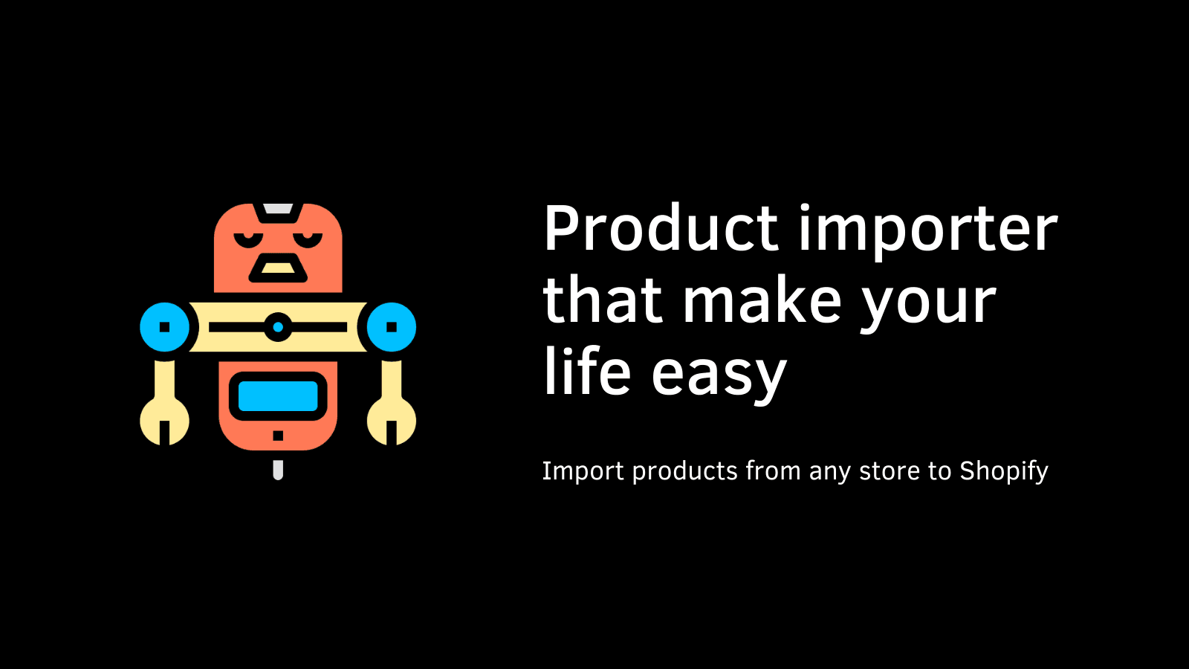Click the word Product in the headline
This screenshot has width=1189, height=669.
(661, 229)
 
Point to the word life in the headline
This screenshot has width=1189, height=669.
(587, 372)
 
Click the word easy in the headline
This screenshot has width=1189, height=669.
(719, 375)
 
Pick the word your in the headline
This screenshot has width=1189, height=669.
(928, 305)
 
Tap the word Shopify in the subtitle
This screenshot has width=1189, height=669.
(1003, 471)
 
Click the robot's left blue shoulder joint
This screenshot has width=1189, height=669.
(165, 327)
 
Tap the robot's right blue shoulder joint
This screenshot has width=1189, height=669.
(392, 327)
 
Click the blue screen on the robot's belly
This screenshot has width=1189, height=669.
(278, 396)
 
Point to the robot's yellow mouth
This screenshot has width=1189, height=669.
(278, 268)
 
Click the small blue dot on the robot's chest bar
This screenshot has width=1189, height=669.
(278, 327)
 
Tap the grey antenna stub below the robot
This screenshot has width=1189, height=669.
(278, 470)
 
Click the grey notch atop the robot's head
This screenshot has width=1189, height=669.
(278, 209)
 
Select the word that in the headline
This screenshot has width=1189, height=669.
(602, 301)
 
